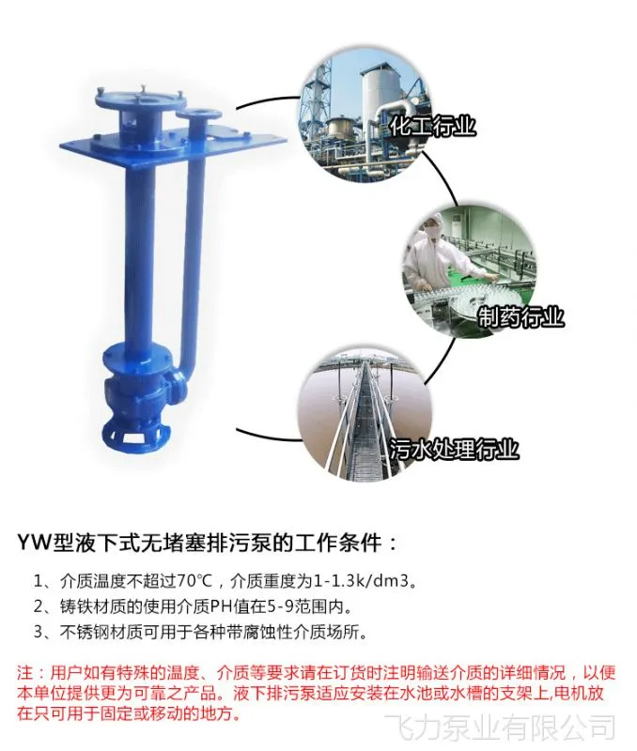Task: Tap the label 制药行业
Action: tap(520, 316)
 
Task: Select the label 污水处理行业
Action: tap(454, 450)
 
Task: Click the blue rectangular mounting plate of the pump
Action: tap(173, 145)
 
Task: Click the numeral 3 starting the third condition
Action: tap(39, 632)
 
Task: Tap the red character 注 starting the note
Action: tap(25, 672)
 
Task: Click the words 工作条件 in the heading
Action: tap(346, 544)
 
